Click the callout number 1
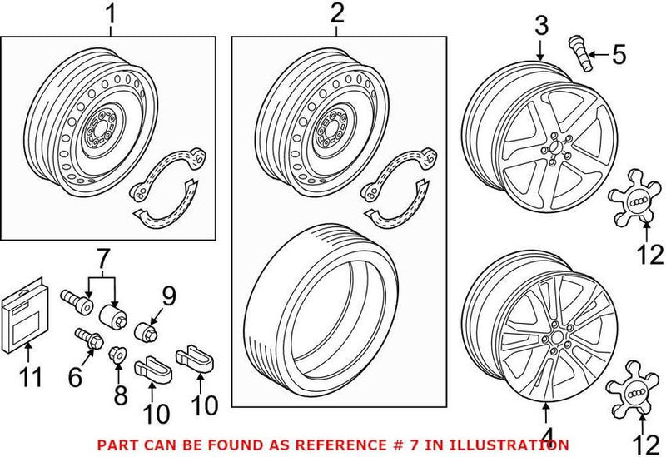click(110, 14)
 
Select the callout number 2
click(336, 14)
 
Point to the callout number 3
click(540, 27)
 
